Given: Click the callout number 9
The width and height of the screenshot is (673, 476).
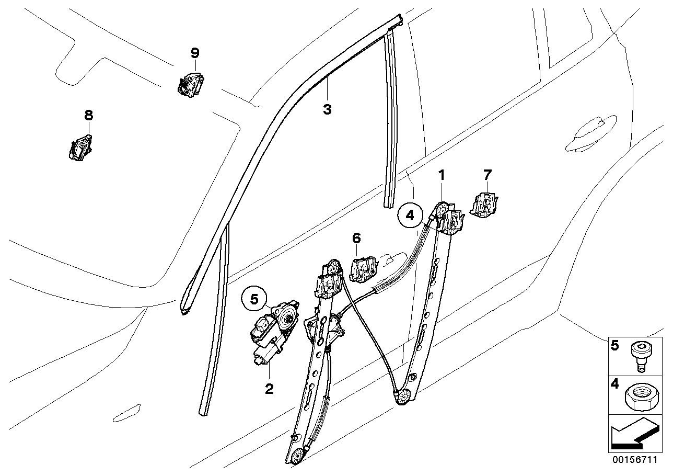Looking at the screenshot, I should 195,53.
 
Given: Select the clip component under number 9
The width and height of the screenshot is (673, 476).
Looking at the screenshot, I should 190,84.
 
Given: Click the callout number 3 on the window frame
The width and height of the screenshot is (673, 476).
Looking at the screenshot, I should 327,109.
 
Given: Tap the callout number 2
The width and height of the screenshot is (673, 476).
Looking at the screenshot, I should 269,389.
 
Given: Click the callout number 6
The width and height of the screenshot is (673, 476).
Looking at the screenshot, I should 356,239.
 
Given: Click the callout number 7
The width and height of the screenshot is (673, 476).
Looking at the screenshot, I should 487,174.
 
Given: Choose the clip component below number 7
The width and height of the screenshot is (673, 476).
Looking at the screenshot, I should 485,205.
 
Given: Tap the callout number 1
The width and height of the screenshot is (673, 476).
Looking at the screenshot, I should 442,175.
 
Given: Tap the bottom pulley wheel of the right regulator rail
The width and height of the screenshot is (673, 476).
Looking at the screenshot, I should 403,398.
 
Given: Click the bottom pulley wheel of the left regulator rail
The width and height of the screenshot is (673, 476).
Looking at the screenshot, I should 298,456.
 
